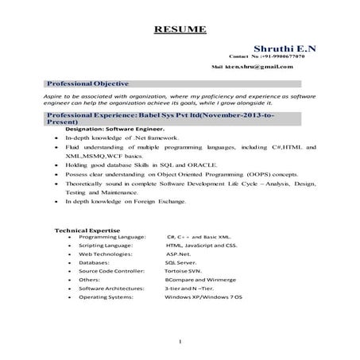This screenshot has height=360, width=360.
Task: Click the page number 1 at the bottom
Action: [181, 343]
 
